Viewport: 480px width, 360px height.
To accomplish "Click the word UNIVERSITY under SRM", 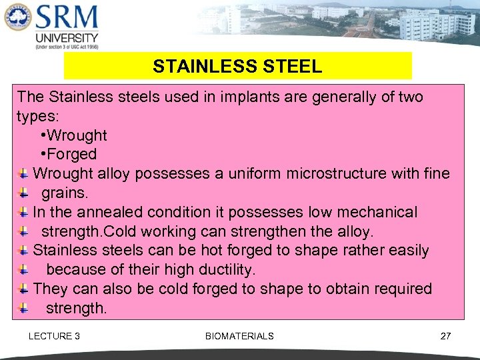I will coord(67,38).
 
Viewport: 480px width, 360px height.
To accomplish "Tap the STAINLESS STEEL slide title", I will coord(237,67).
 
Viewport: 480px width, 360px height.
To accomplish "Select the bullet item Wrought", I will coord(77,135).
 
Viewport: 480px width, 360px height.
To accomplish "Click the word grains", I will coord(65,193).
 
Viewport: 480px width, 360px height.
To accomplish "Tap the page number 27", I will coord(445,336).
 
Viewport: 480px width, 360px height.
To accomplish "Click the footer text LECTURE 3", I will coord(54,336).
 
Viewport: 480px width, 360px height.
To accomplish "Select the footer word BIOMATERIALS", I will coord(239,336).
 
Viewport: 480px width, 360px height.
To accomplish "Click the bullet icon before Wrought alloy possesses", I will coord(23,174).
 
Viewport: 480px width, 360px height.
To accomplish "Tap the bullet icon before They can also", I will coord(23,289).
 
